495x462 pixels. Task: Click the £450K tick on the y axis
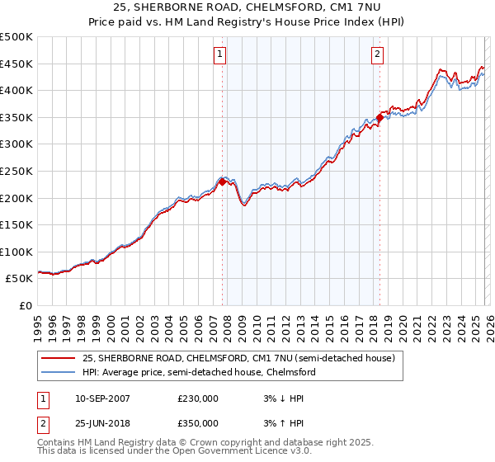16,64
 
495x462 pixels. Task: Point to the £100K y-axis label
16,252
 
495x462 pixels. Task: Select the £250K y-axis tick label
16,171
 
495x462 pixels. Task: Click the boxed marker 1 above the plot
221,55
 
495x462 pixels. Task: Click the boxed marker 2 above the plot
377,55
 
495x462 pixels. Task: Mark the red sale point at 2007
223,181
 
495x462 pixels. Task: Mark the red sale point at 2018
379,117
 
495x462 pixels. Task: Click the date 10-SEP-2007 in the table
102,398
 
